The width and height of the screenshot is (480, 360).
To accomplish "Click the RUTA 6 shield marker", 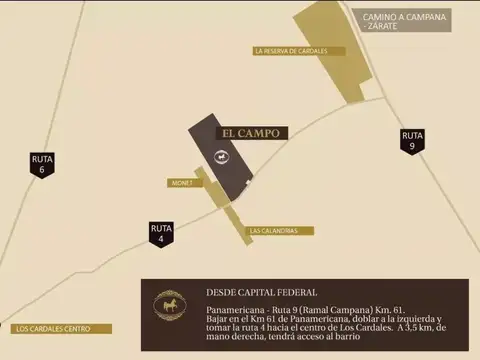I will click(x=42, y=164).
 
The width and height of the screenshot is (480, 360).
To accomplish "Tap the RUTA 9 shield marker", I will click(x=412, y=140).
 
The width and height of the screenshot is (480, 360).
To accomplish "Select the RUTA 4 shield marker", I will click(x=162, y=233).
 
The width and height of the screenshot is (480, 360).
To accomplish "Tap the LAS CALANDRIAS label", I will click(x=273, y=231).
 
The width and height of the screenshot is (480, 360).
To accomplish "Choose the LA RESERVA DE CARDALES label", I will click(x=298, y=51).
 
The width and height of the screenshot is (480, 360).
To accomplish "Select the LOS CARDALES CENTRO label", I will click(x=56, y=328).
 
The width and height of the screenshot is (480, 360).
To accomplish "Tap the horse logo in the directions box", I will click(x=170, y=304).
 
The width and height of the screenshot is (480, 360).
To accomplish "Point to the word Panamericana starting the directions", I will click(x=232, y=311).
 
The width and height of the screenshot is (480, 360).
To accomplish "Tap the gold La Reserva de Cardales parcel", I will click(x=336, y=50).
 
